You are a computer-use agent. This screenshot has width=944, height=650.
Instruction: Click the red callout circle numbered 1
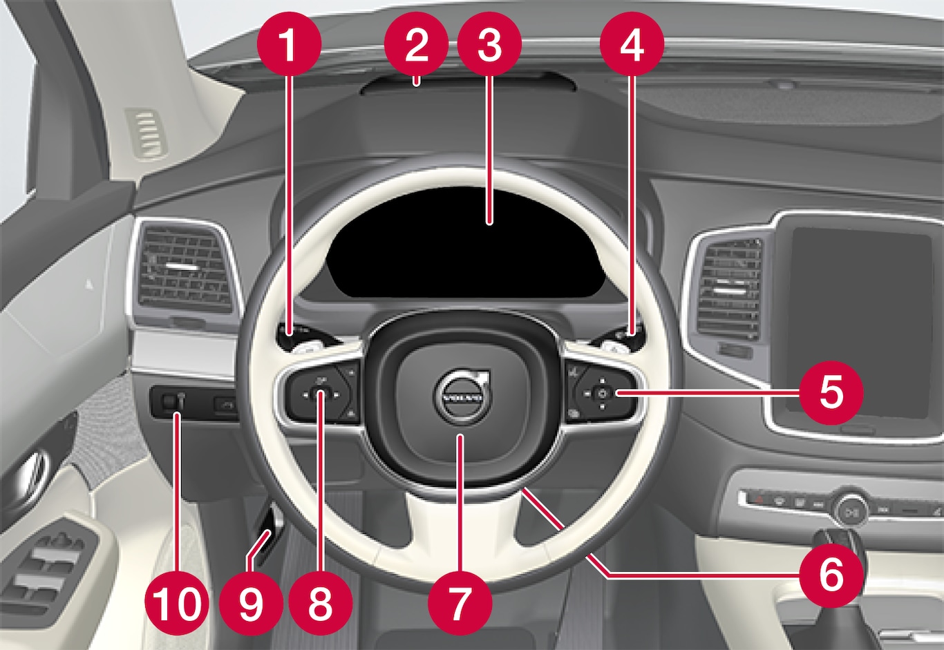point(289,44)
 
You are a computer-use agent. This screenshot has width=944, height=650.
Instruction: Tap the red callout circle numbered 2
point(417,44)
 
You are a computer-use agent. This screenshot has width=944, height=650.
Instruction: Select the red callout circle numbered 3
point(489,44)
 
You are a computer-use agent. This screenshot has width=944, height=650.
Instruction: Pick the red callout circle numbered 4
point(632,44)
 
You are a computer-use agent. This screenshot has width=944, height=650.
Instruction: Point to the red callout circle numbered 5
point(831,392)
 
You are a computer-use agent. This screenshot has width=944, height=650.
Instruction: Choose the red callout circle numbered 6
point(831,575)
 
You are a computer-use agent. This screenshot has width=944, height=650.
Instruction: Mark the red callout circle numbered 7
point(460,603)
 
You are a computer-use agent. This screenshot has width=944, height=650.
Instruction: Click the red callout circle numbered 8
point(321,603)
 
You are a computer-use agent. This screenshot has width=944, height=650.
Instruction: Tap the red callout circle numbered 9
point(251,603)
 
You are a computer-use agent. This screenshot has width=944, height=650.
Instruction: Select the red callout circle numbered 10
point(177,603)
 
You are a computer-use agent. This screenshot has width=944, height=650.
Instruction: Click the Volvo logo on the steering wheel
point(462,397)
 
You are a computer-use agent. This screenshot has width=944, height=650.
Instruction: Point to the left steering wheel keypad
point(319,394)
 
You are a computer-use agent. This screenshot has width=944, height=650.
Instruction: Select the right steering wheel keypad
point(601,394)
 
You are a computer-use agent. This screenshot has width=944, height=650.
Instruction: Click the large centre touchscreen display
point(860,323)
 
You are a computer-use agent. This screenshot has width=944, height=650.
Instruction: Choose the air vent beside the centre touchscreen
point(728,288)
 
